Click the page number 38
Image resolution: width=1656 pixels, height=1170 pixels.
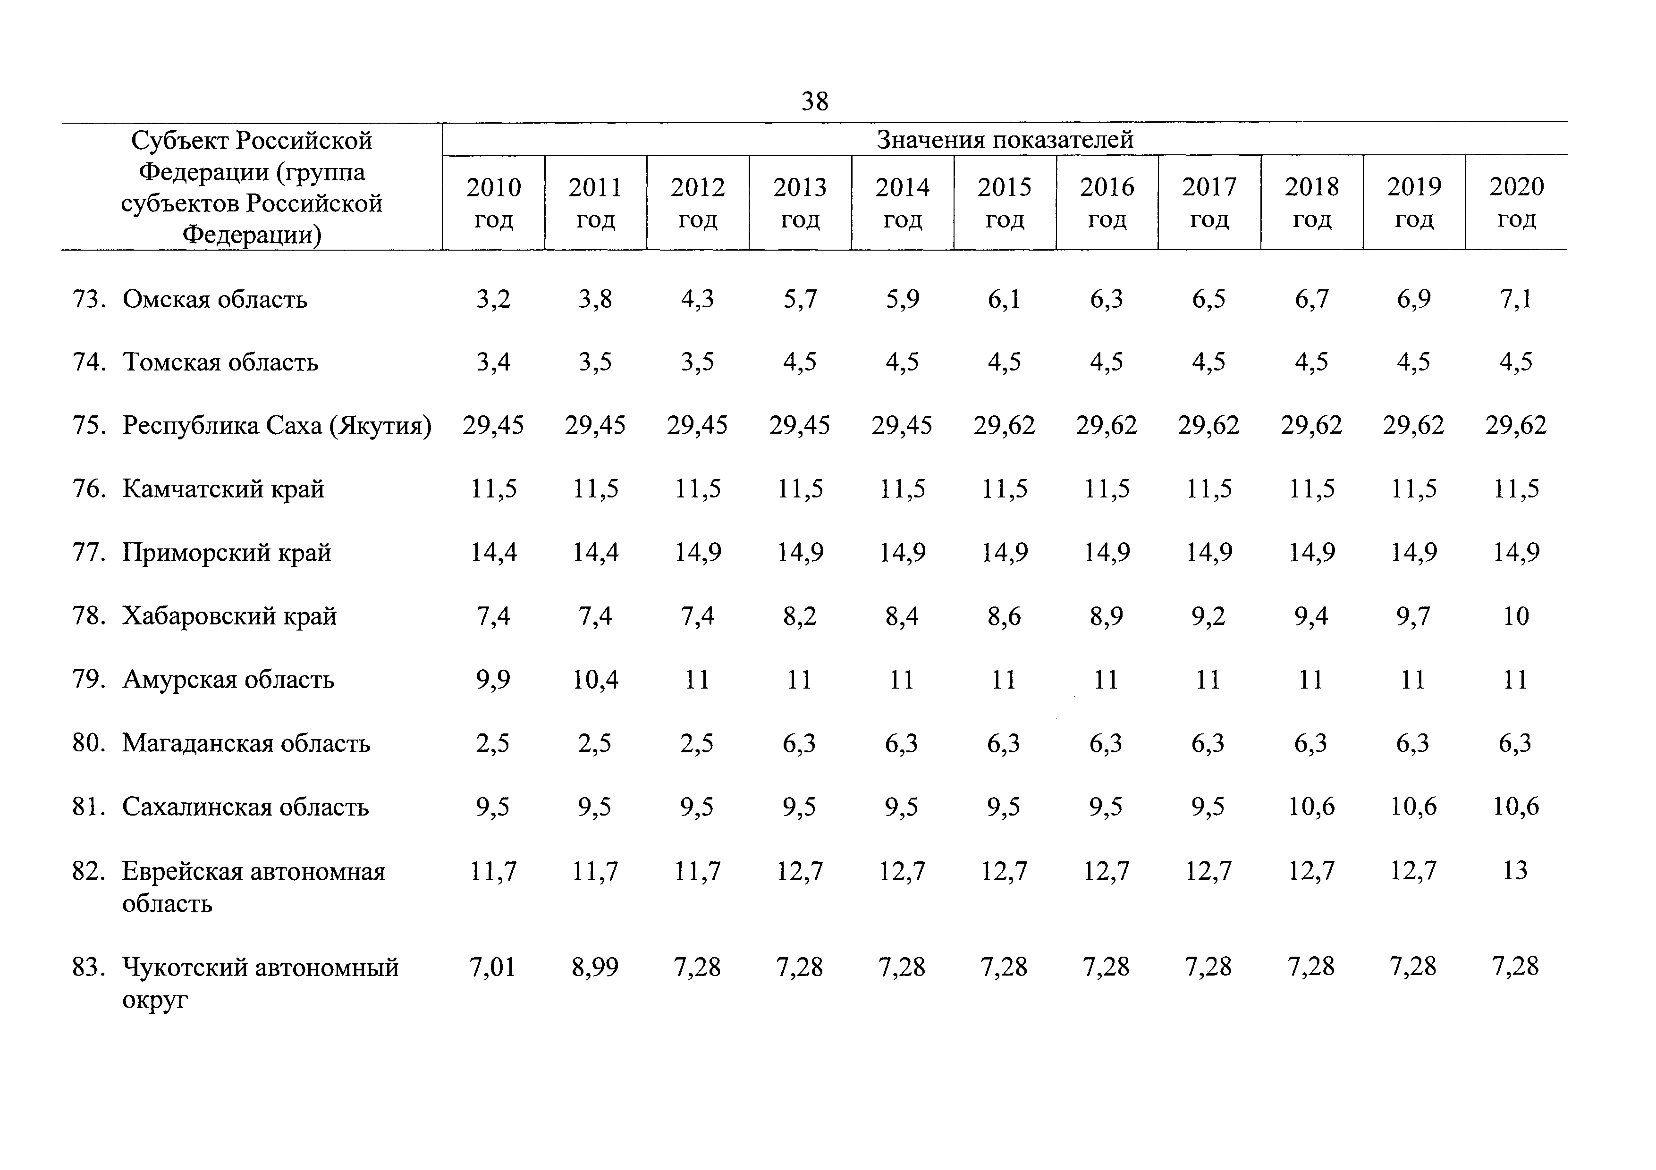(815, 101)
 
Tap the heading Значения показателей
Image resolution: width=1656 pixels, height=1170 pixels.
(1005, 139)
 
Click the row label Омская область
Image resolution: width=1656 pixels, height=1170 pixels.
(215, 298)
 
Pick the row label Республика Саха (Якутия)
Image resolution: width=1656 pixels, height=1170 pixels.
(277, 425)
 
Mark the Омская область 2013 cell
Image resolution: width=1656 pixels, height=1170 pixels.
(800, 298)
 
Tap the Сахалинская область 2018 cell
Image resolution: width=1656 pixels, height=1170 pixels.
(1311, 806)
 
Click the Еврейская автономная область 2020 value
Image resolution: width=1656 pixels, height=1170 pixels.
(1515, 870)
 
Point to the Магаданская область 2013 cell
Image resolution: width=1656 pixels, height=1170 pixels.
(800, 742)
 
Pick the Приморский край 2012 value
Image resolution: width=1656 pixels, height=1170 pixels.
(697, 552)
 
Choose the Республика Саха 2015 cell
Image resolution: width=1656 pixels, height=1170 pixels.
(1004, 425)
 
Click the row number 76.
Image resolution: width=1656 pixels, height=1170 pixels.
(89, 489)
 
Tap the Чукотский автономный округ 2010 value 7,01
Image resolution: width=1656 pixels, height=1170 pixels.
(493, 966)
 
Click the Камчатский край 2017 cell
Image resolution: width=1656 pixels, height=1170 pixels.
(1209, 489)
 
